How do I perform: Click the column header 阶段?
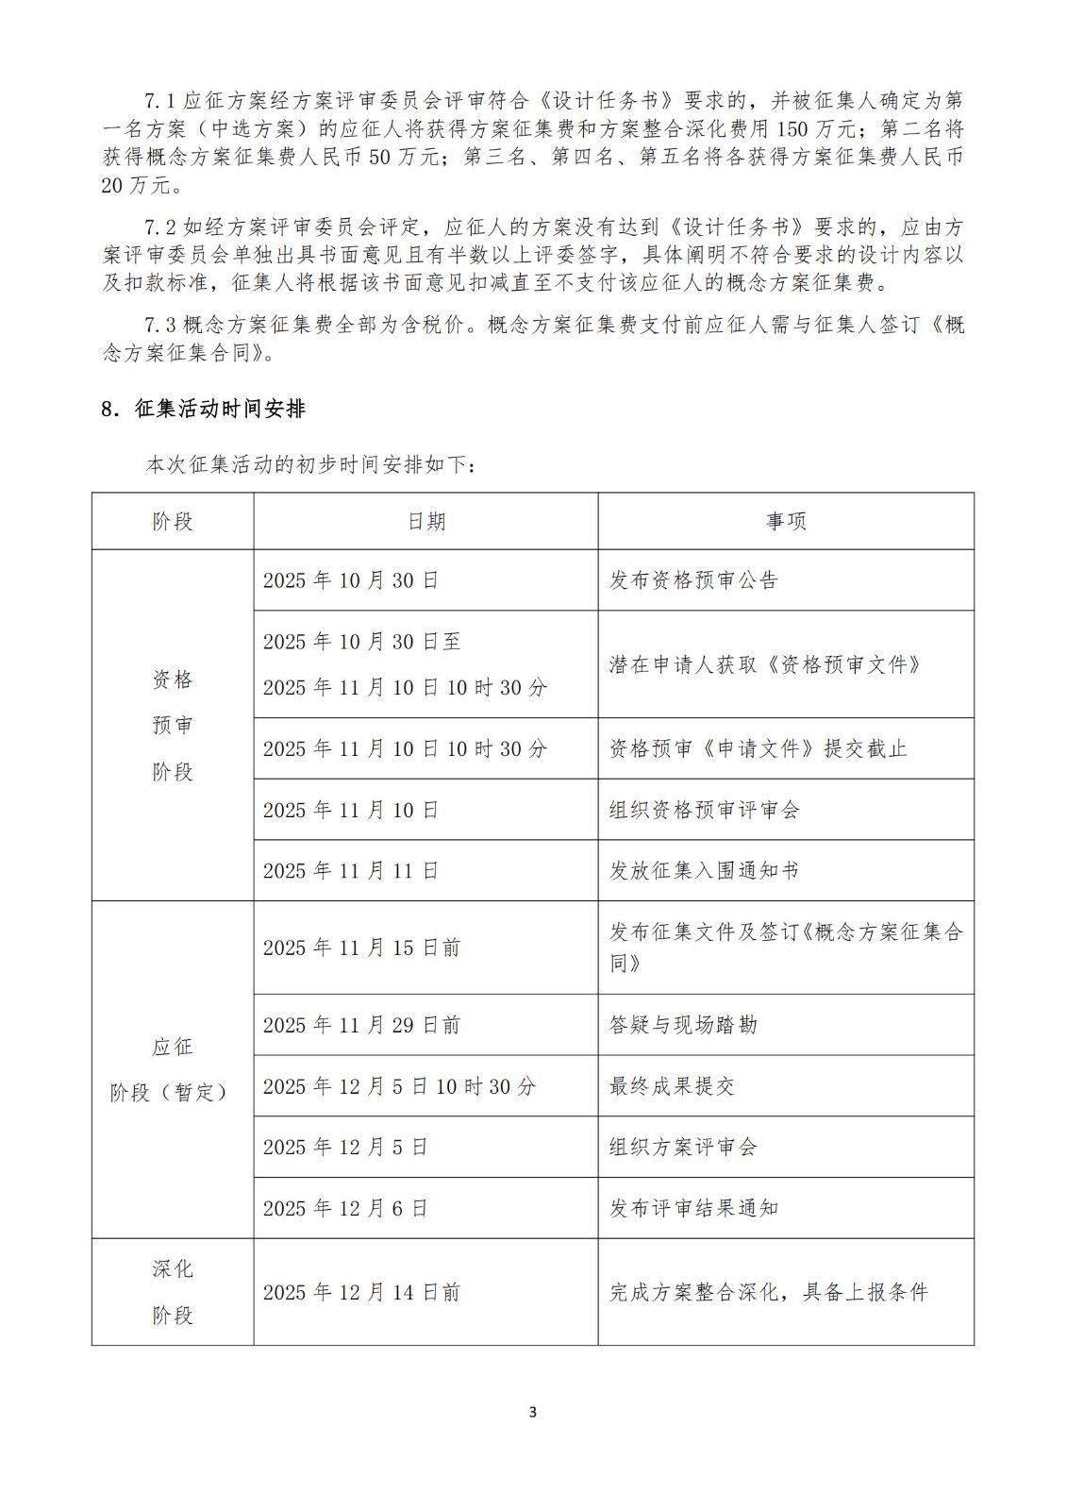(173, 521)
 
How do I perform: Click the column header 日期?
(425, 521)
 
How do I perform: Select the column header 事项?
(785, 521)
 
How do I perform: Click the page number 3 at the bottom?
(533, 1412)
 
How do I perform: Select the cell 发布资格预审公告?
(693, 580)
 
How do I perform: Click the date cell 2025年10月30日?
(351, 580)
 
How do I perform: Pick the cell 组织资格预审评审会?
(704, 810)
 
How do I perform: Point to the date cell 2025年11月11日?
(351, 870)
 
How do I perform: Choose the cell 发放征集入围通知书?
(704, 870)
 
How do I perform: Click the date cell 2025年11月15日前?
(361, 948)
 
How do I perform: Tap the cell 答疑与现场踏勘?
(683, 1025)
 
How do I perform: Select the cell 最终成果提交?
(672, 1086)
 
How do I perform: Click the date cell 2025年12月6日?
(345, 1208)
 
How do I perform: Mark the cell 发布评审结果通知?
(693, 1208)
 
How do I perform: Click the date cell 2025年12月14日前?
(361, 1292)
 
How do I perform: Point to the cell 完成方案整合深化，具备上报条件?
(769, 1292)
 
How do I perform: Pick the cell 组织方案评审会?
(683, 1147)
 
